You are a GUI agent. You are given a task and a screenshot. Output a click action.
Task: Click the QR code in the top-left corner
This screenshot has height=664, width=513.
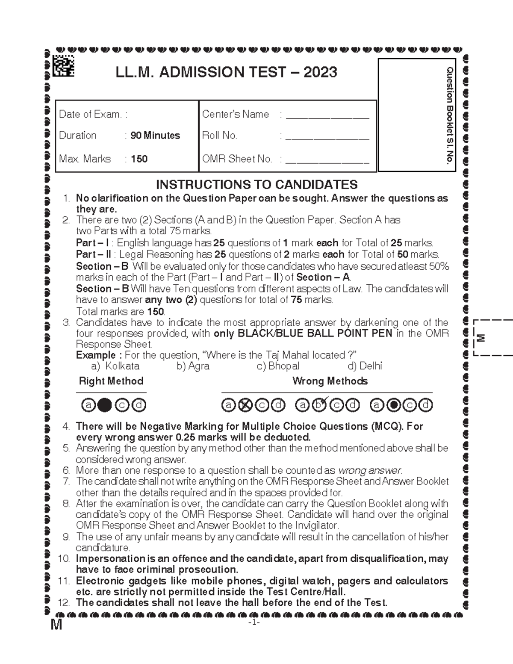[63, 67]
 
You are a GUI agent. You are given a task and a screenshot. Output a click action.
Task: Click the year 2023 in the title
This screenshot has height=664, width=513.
[320, 72]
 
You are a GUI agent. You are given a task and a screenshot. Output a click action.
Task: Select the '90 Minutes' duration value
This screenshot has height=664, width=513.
[155, 136]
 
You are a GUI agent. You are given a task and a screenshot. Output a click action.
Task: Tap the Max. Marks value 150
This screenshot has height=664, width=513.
[139, 159]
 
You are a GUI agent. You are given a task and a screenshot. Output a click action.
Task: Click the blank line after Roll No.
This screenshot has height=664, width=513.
[327, 137]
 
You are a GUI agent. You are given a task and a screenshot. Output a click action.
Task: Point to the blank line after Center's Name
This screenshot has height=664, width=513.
[327, 116]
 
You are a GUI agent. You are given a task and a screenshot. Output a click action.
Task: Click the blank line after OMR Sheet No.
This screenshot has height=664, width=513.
[327, 161]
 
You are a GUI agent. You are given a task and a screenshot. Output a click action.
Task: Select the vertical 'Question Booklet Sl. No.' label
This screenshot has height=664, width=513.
[450, 115]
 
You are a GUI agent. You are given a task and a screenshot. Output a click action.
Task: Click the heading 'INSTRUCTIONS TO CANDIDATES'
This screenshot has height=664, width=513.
[256, 185]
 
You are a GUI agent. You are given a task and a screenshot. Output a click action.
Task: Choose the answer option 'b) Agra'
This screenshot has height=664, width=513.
[193, 366]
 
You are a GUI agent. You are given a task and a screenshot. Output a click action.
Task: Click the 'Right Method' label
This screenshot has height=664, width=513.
[111, 381]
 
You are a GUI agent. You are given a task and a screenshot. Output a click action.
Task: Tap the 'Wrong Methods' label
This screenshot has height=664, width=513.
[330, 381]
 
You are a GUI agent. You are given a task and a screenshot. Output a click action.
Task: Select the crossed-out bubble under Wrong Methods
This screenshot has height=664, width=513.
[245, 405]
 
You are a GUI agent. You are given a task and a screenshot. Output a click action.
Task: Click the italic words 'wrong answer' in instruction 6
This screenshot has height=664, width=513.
[370, 471]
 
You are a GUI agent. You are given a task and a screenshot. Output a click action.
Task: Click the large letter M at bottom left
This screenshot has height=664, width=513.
[56, 625]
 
